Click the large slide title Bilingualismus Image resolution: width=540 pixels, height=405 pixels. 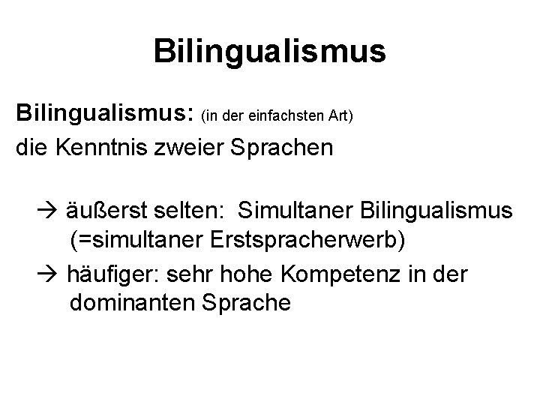pyautogui.click(x=269, y=51)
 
